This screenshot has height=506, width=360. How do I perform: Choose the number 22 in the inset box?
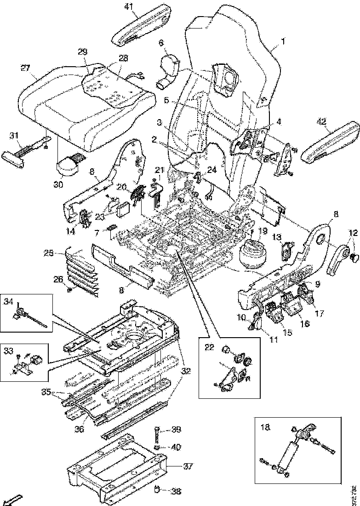[x=209, y=347]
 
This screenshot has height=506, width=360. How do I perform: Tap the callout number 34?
[x=8, y=301]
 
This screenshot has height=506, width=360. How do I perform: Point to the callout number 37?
[x=187, y=466]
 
